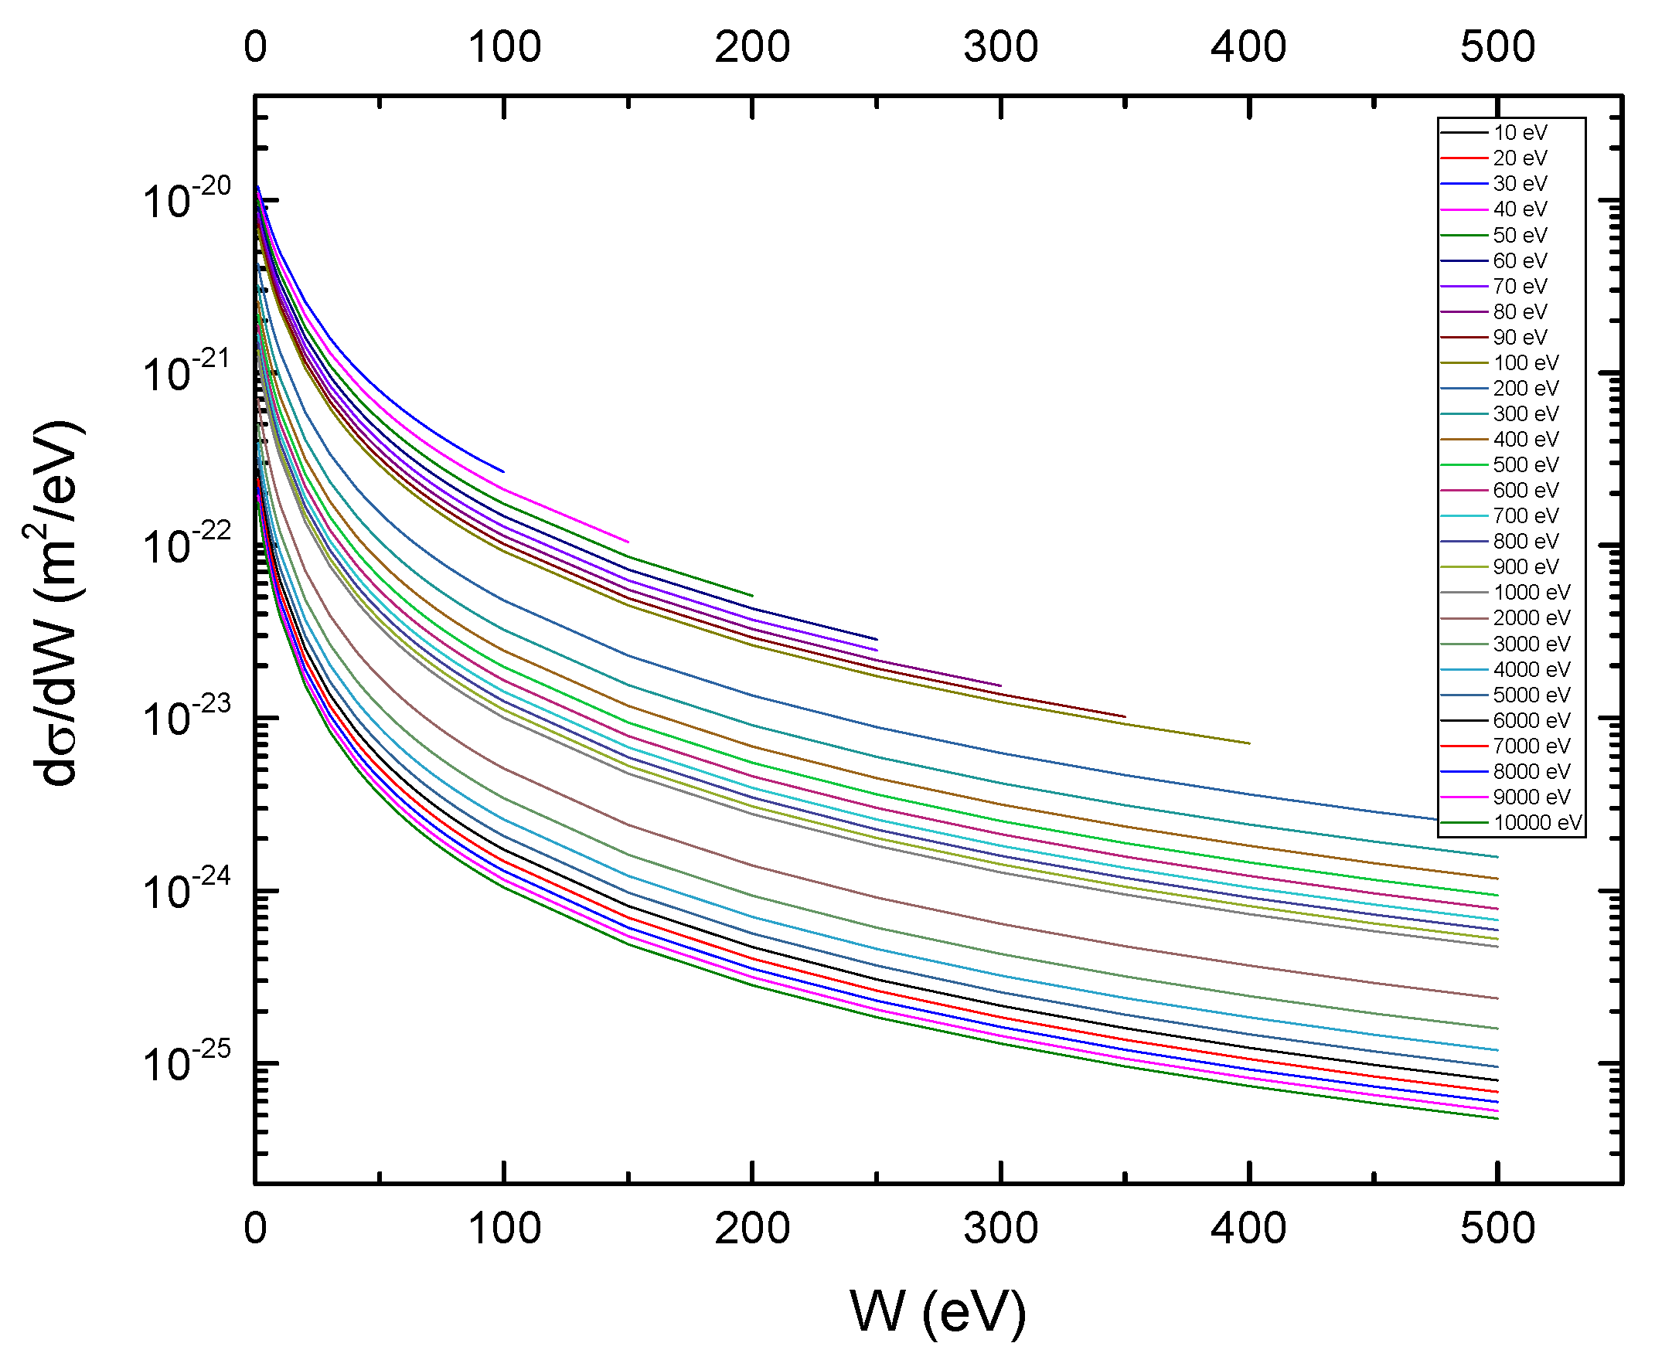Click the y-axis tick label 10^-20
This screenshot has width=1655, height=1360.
click(x=186, y=200)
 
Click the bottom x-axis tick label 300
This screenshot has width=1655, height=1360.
click(x=1001, y=1229)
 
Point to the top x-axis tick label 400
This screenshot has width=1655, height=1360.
click(x=1248, y=47)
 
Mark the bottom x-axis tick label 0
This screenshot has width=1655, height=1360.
click(x=255, y=1229)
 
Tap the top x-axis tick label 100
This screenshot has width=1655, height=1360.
click(x=504, y=47)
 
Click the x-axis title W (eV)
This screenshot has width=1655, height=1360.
click(x=938, y=1311)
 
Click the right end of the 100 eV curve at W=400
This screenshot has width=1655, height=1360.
click(x=1248, y=743)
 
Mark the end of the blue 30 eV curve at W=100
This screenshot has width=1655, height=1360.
click(x=503, y=471)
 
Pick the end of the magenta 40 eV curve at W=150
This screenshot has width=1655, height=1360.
click(x=628, y=542)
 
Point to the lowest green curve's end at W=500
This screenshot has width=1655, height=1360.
click(x=1497, y=1119)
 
